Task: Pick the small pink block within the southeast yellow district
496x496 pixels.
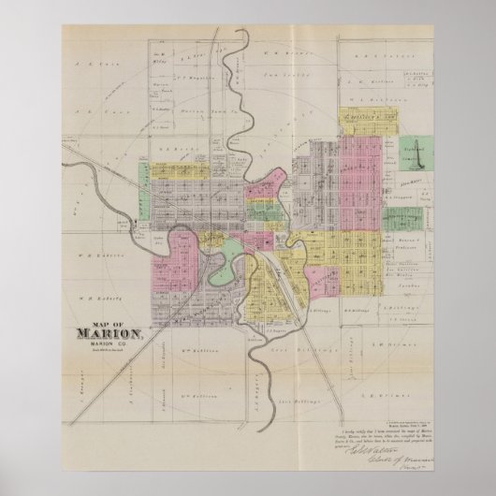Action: [325, 279]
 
